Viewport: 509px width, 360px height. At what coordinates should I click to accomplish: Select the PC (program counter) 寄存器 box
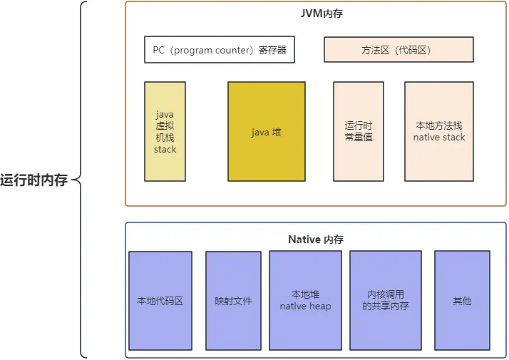(x=220, y=51)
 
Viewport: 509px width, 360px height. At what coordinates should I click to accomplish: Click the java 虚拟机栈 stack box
(x=165, y=131)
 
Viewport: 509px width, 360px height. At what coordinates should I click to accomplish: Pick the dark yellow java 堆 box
(x=267, y=132)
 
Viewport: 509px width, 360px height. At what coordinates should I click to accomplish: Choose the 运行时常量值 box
(x=359, y=131)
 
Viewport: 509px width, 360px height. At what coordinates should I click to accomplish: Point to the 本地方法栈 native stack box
(x=439, y=131)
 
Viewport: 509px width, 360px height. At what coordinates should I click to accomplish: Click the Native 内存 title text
(x=315, y=240)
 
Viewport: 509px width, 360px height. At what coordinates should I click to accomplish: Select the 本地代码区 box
(x=160, y=301)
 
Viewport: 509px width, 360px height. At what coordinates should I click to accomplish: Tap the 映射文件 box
(x=233, y=301)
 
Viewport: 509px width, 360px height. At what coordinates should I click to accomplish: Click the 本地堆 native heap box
(x=305, y=300)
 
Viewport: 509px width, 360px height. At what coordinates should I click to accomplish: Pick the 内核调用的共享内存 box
(x=386, y=300)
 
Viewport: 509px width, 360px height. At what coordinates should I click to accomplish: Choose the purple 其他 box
(x=462, y=301)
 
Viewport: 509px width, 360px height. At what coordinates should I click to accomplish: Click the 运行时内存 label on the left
(x=34, y=180)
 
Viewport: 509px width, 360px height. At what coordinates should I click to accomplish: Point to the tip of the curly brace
(x=73, y=180)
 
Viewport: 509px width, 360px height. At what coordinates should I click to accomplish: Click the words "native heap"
(x=305, y=307)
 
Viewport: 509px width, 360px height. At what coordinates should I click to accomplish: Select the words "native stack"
(x=439, y=137)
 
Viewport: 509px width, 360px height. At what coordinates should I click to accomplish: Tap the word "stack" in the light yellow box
(x=165, y=150)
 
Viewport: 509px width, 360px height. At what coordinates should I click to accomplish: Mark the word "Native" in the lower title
(x=304, y=240)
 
